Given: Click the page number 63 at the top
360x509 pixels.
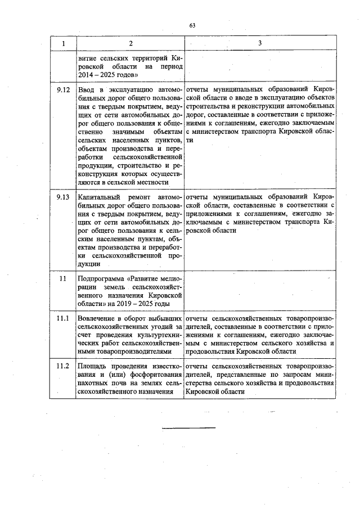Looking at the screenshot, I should pyautogui.click(x=192, y=25).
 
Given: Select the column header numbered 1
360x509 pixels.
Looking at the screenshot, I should pyautogui.click(x=62, y=43).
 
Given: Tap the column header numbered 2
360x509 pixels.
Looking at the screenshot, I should pyautogui.click(x=130, y=43).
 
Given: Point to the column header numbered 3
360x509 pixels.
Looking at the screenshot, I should pyautogui.click(x=260, y=43).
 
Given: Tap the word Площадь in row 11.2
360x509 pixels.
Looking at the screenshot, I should pyautogui.click(x=94, y=366).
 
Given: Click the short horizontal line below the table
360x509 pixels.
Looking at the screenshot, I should pyautogui.click(x=188, y=429).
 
